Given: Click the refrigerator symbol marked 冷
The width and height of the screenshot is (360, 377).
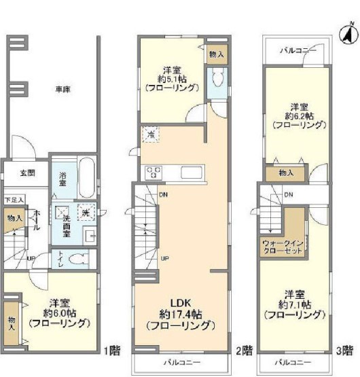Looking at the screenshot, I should point(149,134).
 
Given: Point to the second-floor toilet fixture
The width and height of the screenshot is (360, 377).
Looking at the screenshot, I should point(217,80).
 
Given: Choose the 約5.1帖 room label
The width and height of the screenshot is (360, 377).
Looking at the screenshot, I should point(173,78).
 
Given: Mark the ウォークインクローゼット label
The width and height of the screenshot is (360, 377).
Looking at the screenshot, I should point(281,245).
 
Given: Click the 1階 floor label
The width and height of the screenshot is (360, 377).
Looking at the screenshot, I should point(113,351).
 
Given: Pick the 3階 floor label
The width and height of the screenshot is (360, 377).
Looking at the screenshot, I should point(346,351).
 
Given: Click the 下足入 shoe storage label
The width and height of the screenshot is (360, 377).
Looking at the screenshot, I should point(14,200).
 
